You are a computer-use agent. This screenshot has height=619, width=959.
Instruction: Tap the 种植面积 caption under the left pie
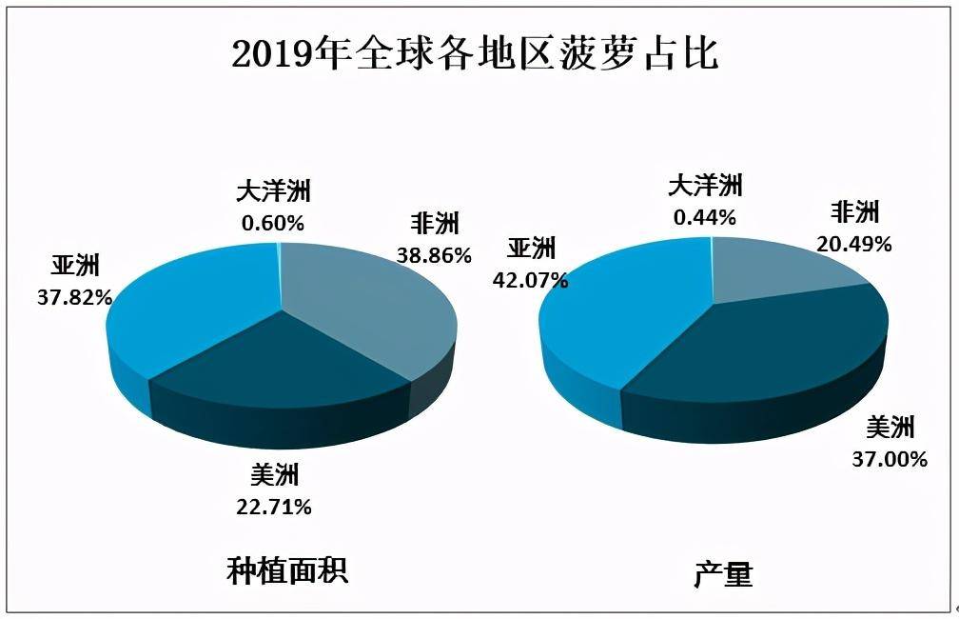[x=287, y=570]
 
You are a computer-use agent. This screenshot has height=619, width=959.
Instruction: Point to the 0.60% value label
[x=274, y=224]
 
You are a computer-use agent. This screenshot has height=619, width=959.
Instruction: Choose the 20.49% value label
[x=853, y=244]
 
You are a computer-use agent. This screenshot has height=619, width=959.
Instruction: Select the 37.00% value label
[x=890, y=460]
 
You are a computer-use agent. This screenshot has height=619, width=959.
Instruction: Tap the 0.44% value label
[x=705, y=217]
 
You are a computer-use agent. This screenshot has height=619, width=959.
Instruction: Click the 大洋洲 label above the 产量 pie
[x=705, y=185]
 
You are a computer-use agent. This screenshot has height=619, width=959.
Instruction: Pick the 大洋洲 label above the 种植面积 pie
[x=274, y=191]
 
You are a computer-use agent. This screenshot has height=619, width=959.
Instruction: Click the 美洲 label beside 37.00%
[x=890, y=427]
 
